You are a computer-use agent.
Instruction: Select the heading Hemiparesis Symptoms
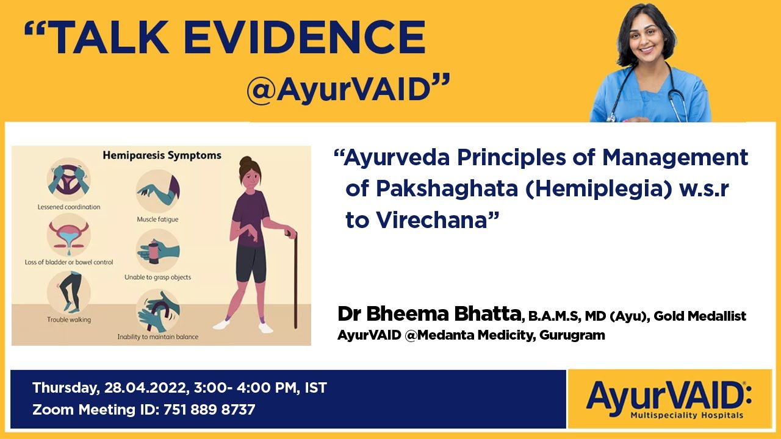click(162, 155)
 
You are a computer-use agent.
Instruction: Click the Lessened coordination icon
click(68, 180)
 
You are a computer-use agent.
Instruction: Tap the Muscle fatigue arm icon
click(157, 190)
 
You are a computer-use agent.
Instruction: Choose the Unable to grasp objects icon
click(157, 250)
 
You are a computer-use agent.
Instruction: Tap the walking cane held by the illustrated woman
click(295, 274)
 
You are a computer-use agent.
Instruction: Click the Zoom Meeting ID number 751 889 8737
click(209, 410)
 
